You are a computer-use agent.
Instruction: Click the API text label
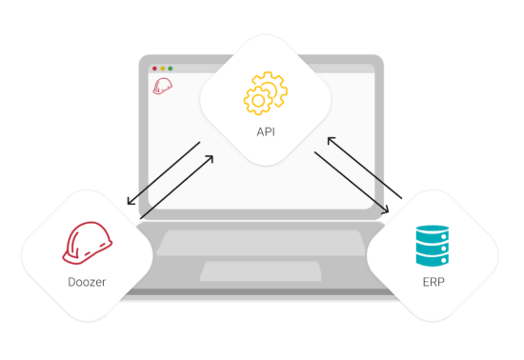click(x=266, y=132)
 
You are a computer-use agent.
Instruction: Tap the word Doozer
click(x=87, y=282)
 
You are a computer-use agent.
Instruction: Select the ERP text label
click(x=433, y=282)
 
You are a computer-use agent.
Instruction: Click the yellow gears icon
click(x=266, y=93)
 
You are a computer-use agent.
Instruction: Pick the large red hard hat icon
click(x=88, y=243)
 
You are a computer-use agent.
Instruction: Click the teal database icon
click(x=433, y=246)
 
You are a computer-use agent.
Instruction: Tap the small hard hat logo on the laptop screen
click(x=162, y=86)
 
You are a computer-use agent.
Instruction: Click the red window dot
click(x=154, y=69)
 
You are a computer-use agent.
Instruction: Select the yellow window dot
click(x=163, y=69)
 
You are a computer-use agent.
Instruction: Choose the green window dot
click(x=171, y=69)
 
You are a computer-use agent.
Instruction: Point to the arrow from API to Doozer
click(x=164, y=173)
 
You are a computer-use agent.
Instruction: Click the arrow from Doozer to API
click(x=176, y=188)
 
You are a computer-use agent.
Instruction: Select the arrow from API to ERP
click(x=352, y=183)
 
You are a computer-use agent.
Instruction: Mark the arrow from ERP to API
click(x=365, y=168)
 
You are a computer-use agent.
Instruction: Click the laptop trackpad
click(x=261, y=271)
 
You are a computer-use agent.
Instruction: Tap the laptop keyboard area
click(x=262, y=243)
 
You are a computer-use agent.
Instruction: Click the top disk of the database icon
click(x=433, y=232)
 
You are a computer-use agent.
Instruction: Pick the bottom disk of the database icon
click(x=433, y=259)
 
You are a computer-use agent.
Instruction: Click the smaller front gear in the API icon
click(x=257, y=100)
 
